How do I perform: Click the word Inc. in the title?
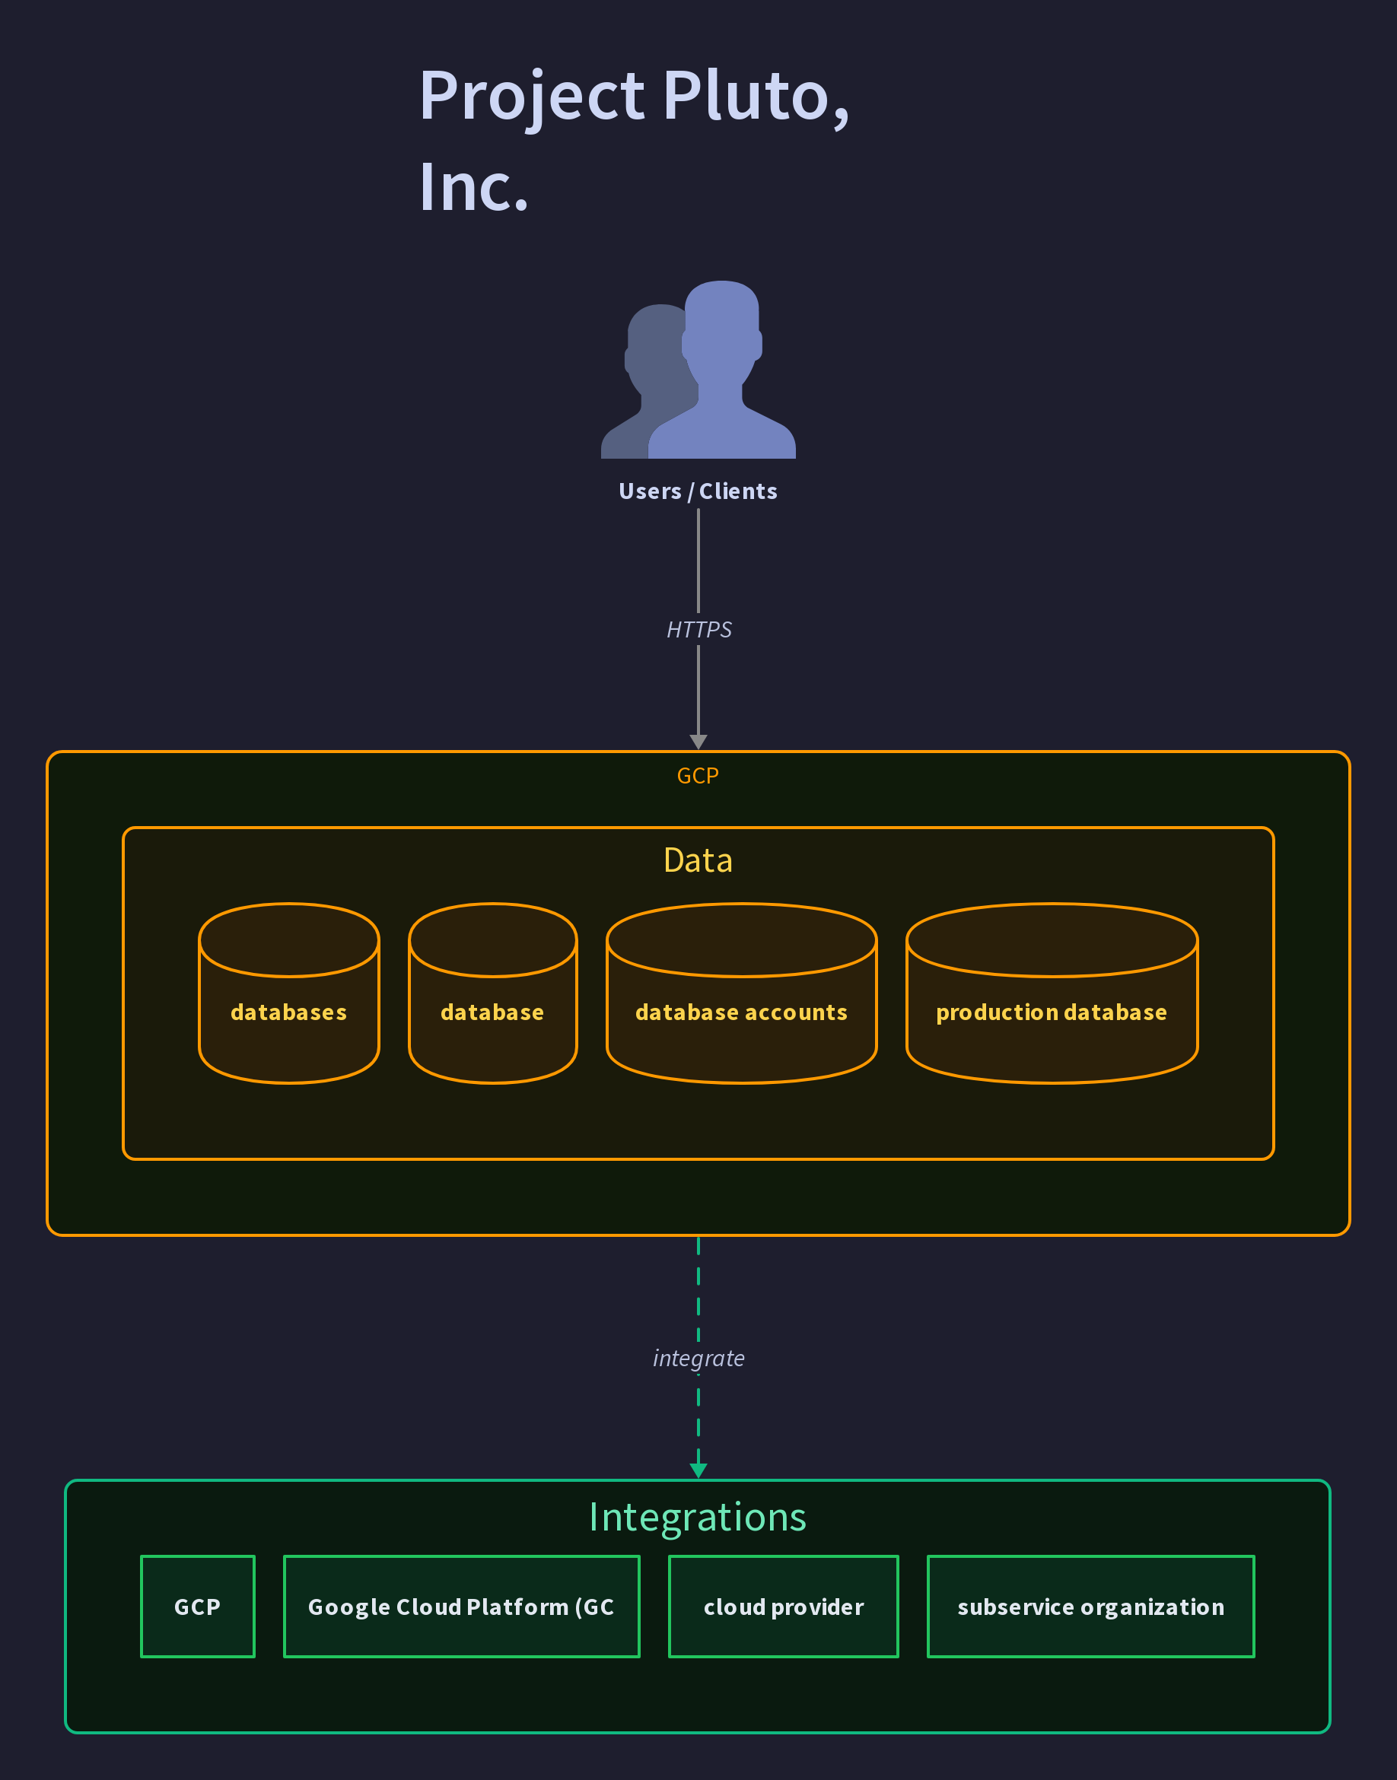(x=473, y=187)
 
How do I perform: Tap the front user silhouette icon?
(x=721, y=370)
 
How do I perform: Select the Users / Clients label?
(x=698, y=491)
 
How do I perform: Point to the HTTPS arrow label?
(x=698, y=630)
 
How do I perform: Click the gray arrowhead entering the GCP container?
(x=698, y=742)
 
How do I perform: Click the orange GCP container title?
(x=698, y=775)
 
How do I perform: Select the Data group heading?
(x=698, y=860)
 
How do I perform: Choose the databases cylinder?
(x=288, y=993)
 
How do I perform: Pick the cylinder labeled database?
(x=492, y=993)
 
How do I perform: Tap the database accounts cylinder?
(x=741, y=993)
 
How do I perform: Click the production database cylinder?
(x=1052, y=993)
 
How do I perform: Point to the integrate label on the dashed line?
(x=698, y=1358)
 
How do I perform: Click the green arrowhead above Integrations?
(x=698, y=1470)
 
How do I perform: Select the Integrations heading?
(x=698, y=1518)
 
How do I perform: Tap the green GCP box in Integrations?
(x=198, y=1607)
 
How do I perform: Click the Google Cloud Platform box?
(x=461, y=1607)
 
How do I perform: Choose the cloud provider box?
(x=784, y=1607)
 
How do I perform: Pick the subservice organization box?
(x=1090, y=1607)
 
